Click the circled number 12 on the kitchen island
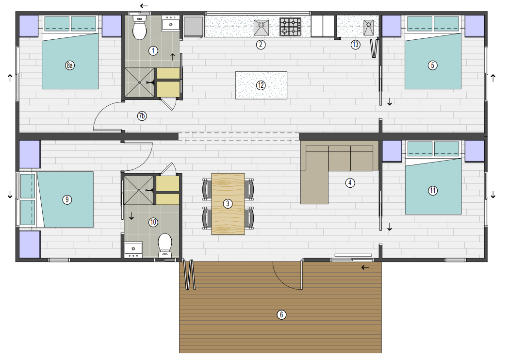(x=261, y=85)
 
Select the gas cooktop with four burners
(x=291, y=27)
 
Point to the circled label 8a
(x=70, y=65)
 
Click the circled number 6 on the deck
(x=281, y=315)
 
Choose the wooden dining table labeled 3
(x=228, y=204)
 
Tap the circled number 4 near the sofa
(x=350, y=183)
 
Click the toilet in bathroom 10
(x=165, y=244)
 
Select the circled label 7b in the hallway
(x=142, y=115)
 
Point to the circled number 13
(x=356, y=45)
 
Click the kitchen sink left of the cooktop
(x=262, y=27)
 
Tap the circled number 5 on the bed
(x=433, y=65)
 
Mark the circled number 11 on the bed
(x=433, y=191)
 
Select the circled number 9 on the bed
(x=67, y=199)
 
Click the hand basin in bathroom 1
(x=171, y=23)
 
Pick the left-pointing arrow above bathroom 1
(x=144, y=6)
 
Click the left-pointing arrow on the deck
(x=365, y=267)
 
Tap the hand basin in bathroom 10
(x=132, y=249)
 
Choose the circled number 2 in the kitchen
(x=261, y=45)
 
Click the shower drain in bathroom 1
(x=139, y=82)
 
